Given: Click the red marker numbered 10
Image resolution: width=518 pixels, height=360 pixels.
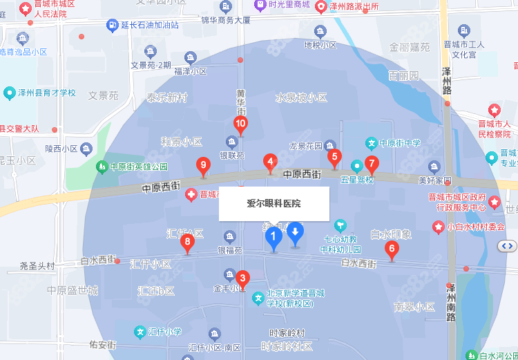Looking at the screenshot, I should click(241, 125).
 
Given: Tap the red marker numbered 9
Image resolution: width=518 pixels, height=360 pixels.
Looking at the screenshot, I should click(203, 165).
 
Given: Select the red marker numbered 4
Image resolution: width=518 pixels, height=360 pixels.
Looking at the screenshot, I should click(270, 162).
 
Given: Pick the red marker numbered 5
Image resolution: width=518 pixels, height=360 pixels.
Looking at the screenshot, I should click(334, 157).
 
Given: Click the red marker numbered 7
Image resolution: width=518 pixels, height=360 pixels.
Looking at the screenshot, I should click(372, 164).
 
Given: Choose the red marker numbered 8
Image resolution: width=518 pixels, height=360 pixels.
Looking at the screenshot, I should click(187, 243).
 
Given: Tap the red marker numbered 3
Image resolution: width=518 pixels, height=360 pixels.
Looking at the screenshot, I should click(242, 278).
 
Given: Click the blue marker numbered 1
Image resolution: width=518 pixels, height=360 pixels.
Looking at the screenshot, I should click(274, 238).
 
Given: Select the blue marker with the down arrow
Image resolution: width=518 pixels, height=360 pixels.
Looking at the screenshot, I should click(296, 233).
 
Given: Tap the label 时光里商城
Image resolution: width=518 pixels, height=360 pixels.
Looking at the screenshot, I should click(289, 6).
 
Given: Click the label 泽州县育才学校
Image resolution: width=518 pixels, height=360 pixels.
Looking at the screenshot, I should click(48, 93).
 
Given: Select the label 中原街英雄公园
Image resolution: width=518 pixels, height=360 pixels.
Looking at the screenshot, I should click(139, 167).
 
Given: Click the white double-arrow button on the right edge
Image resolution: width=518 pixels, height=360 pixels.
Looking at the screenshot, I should click(508, 245).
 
